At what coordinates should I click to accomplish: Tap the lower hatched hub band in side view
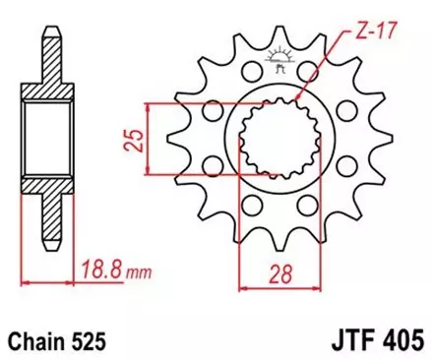tap(42, 187)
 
